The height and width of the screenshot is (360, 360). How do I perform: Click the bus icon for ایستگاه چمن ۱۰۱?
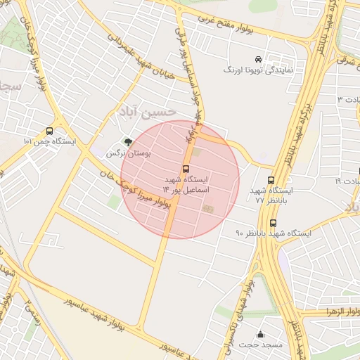[x=49, y=131]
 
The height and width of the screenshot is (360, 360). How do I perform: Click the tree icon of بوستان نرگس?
[x=127, y=141]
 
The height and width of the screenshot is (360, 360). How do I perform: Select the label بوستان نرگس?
[x=124, y=152]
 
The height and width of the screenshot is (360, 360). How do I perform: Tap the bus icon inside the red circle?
[x=186, y=169]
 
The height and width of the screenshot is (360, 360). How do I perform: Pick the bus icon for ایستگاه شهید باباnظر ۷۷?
[x=271, y=180]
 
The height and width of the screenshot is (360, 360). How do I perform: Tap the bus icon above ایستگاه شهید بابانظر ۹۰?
[x=273, y=223]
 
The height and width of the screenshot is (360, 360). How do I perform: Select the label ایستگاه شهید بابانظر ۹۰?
[x=268, y=233]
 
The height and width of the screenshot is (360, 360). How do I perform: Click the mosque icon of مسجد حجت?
[x=261, y=334]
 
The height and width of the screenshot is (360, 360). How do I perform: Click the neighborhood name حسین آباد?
[x=146, y=112]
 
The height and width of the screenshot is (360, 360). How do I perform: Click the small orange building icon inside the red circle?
[x=207, y=207]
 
